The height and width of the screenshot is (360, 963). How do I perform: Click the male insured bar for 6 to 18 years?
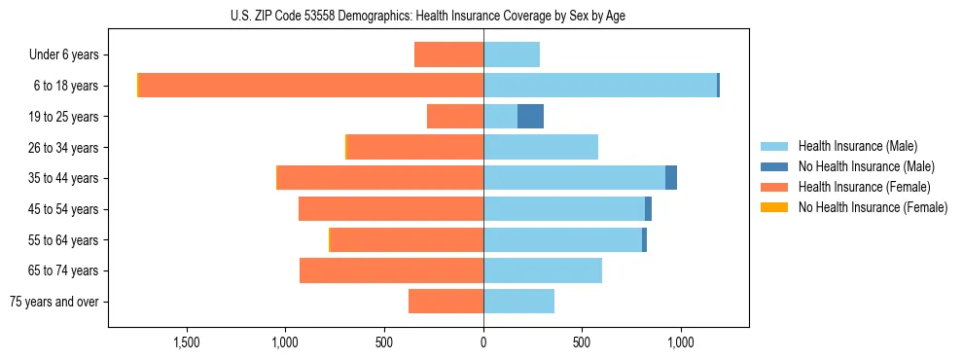click(600, 86)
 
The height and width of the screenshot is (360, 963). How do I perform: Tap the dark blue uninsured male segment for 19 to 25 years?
click(530, 117)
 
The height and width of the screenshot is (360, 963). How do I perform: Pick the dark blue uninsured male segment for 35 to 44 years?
click(671, 178)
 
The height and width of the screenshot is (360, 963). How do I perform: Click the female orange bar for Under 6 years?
click(448, 54)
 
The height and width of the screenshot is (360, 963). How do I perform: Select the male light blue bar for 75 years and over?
click(518, 302)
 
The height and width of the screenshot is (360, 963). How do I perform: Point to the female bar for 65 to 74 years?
click(391, 270)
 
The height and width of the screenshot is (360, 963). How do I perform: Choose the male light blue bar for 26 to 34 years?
click(541, 147)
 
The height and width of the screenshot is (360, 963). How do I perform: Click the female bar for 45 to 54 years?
click(391, 209)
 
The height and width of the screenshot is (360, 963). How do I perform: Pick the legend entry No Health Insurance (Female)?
click(873, 207)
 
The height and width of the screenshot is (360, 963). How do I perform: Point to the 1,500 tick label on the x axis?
click(187, 342)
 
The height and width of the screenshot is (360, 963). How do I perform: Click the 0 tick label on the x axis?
click(483, 342)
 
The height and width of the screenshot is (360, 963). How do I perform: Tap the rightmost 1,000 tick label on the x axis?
click(680, 342)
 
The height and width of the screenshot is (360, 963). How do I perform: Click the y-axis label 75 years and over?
click(54, 302)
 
